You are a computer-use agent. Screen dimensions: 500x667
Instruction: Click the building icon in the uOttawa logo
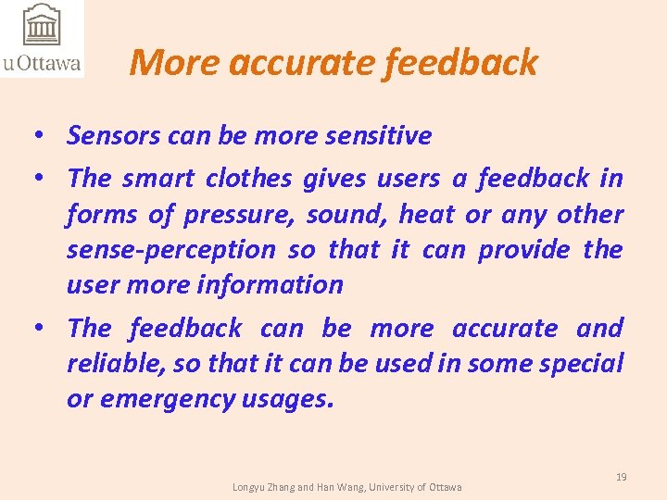click(40, 25)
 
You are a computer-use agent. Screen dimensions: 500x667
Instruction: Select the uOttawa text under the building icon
click(42, 64)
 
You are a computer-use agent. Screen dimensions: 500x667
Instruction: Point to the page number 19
click(621, 477)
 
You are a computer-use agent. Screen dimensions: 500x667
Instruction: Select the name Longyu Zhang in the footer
click(265, 487)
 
